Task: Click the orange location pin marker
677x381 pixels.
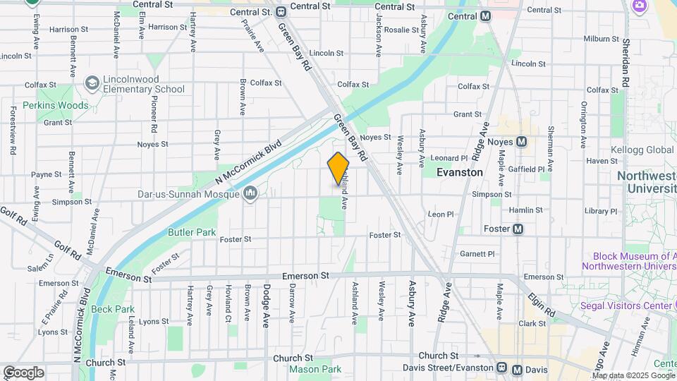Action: click(338, 169)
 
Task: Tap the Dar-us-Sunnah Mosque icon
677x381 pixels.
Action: click(250, 193)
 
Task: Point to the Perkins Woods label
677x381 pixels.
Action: click(56, 105)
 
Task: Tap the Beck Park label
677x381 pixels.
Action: click(113, 309)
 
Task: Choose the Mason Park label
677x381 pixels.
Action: click(315, 369)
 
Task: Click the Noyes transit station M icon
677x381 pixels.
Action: click(522, 142)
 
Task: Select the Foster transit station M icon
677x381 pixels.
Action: click(518, 229)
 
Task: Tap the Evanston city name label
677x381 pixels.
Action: click(459, 172)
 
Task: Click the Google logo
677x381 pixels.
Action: click(23, 373)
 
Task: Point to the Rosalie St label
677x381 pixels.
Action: click(401, 30)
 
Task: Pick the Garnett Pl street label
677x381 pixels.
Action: click(477, 253)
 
